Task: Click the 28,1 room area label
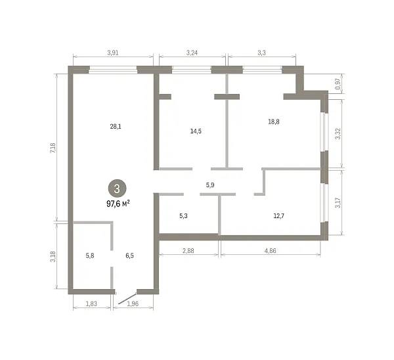116,126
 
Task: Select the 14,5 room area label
196,131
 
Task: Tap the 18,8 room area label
274,122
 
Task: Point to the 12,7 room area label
279,215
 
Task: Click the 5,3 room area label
183,216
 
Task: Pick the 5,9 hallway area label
210,185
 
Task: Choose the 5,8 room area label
90,256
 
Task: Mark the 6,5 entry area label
129,256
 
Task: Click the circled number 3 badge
117,189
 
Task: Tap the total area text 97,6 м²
118,204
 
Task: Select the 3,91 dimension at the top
113,53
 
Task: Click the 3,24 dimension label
192,53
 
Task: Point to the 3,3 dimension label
261,53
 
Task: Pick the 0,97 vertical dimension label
338,84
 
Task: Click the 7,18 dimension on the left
53,148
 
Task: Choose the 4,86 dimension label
271,251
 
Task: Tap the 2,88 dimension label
188,251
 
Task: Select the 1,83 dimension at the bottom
91,304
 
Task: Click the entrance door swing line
127,299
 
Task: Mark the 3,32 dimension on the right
338,134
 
